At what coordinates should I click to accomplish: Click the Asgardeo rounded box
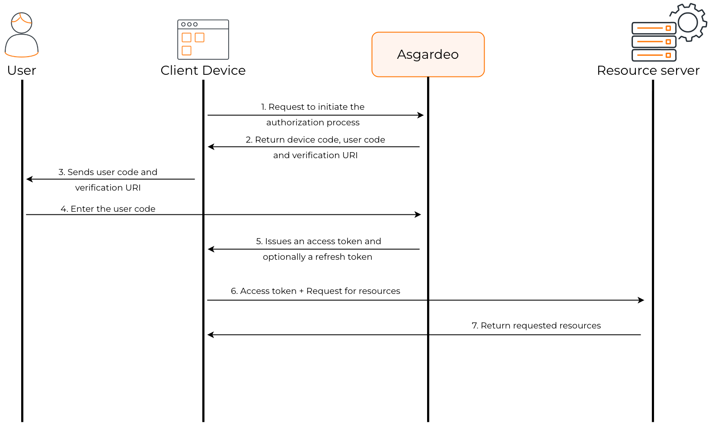tap(428, 54)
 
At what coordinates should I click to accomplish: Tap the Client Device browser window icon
tap(203, 40)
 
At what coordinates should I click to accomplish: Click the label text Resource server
tap(648, 70)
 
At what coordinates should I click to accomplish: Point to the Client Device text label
tap(203, 70)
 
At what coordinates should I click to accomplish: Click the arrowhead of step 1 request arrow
tap(421, 115)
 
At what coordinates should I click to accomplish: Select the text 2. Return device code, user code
tap(315, 140)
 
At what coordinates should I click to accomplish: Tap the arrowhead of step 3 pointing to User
tap(29, 179)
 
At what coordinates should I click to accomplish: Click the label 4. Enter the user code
tap(108, 209)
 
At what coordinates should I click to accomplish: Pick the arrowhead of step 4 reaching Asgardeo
tap(418, 214)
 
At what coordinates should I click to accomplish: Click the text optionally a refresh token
tap(317, 257)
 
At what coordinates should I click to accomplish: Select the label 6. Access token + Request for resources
tap(315, 291)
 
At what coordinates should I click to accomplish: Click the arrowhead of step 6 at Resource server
tap(641, 300)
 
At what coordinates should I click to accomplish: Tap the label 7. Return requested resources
tap(536, 325)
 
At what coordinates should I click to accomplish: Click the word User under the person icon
tap(22, 70)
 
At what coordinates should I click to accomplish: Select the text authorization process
tap(313, 122)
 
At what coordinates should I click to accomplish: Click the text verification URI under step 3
tap(108, 188)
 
